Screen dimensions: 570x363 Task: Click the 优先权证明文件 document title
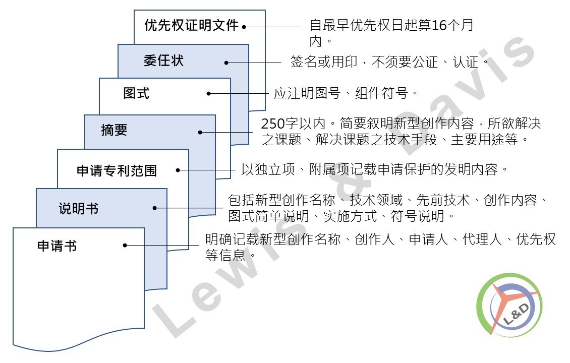(191, 25)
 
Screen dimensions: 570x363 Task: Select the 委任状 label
(163, 60)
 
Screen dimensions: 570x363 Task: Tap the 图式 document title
(136, 93)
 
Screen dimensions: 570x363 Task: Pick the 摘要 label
(114, 130)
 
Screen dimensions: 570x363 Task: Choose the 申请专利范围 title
(117, 170)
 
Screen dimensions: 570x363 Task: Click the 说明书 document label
(79, 209)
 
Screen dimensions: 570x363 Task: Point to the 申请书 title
(57, 246)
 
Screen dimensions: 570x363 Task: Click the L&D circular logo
(509, 305)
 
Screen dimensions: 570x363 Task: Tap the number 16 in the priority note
(439, 25)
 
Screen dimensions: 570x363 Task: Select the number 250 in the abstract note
(272, 124)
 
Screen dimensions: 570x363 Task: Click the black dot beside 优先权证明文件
(244, 27)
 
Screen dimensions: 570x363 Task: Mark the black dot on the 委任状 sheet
(226, 63)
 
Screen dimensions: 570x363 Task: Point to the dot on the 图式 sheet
(208, 93)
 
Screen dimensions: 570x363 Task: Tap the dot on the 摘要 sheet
(200, 132)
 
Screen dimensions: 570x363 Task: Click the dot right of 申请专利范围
(178, 170)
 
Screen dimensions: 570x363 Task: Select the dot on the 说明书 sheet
(154, 208)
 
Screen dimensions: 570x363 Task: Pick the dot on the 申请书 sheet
(125, 245)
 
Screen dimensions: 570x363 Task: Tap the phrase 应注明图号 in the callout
(307, 93)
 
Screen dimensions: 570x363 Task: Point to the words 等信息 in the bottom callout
(226, 255)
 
